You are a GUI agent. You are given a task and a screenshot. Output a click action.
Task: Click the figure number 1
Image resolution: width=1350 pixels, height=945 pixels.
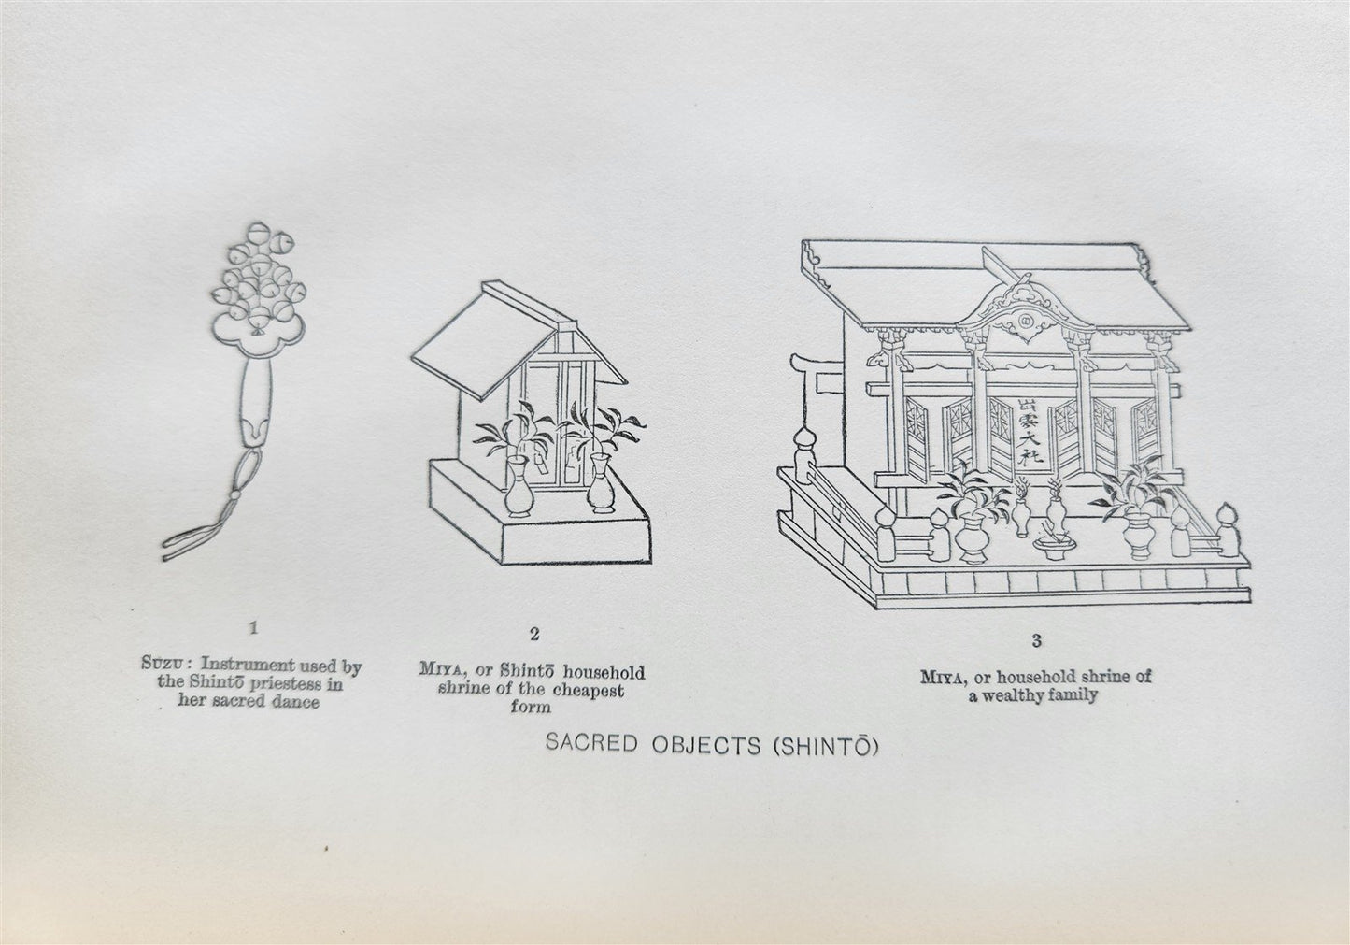tap(254, 628)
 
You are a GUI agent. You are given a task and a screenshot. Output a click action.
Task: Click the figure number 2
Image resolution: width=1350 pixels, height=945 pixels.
tap(534, 635)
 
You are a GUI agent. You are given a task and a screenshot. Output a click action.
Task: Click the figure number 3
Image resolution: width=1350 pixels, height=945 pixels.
tap(1036, 640)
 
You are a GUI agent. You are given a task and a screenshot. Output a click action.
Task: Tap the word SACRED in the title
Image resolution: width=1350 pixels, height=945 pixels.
tap(591, 742)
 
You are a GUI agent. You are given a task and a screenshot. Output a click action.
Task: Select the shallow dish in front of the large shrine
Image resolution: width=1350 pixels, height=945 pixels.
tap(1054, 547)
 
